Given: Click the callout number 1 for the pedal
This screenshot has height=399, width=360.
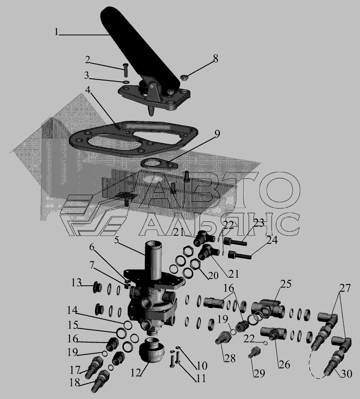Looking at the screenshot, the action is [x=56, y=32].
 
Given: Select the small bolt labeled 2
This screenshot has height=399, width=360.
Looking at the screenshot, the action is [x=126, y=70].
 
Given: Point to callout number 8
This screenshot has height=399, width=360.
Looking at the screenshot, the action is [x=215, y=59].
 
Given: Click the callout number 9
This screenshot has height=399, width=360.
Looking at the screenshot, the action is [x=217, y=134].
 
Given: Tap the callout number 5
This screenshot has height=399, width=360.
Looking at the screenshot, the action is [x=116, y=240].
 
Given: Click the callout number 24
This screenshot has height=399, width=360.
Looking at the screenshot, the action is [x=272, y=240].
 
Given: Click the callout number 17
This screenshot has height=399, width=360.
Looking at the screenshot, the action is [x=75, y=370].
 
